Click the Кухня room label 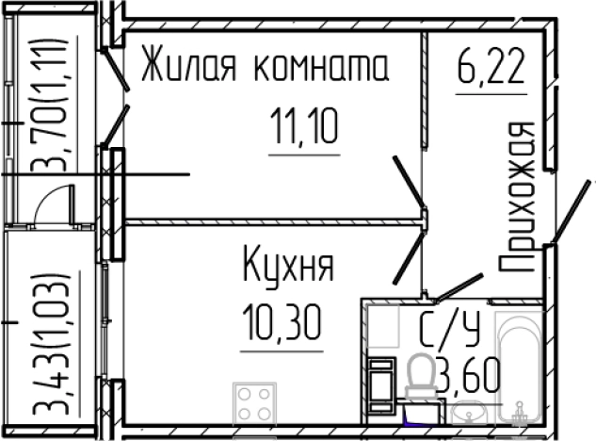pos(288,265)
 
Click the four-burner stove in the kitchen pos(253,404)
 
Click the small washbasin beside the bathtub pos(468,412)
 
